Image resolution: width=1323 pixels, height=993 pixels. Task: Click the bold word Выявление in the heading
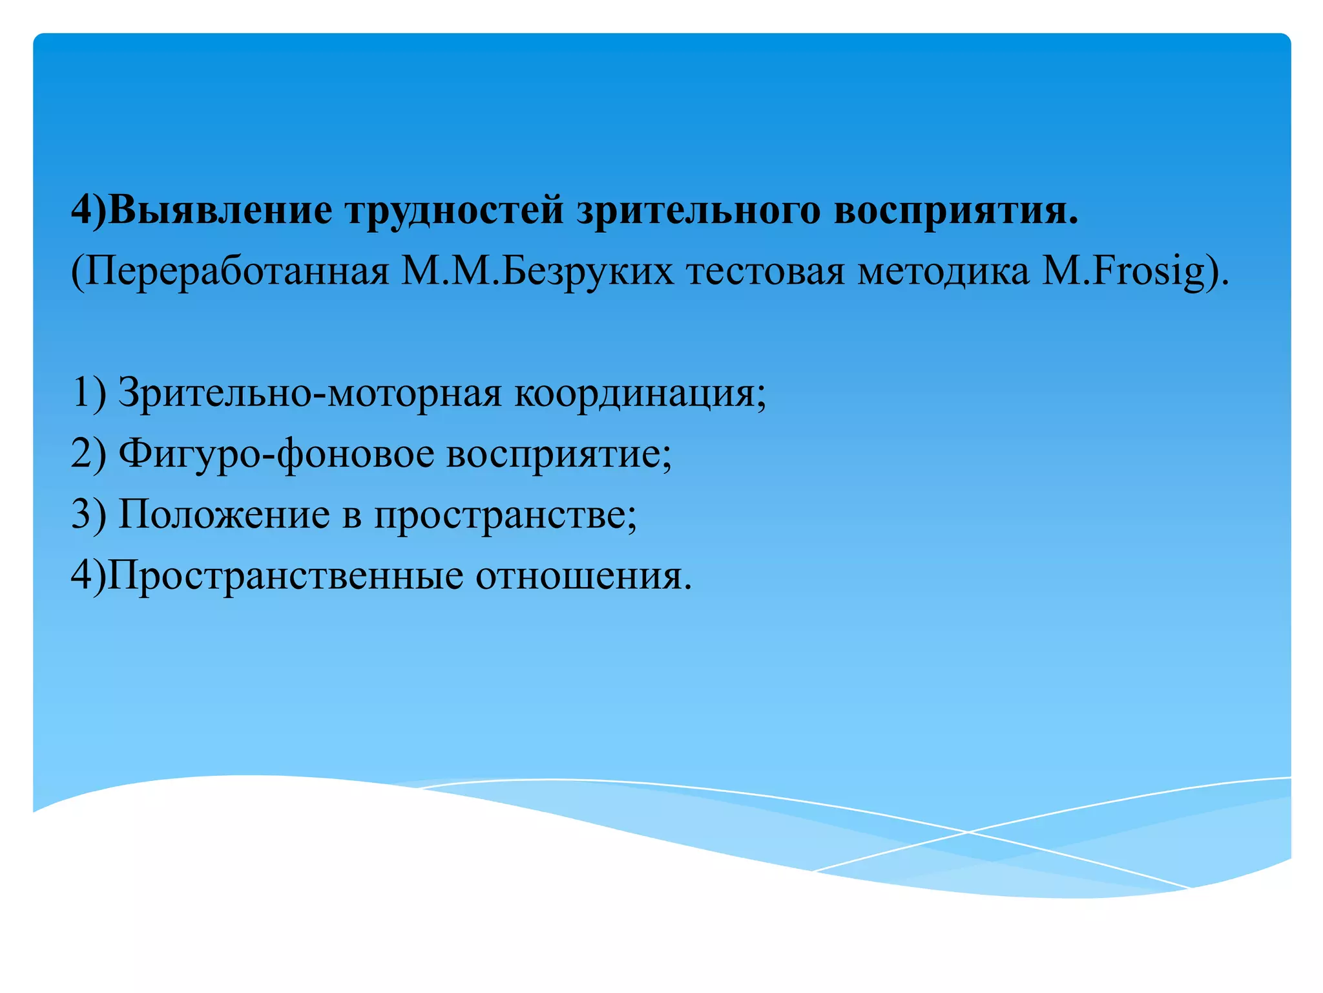220,210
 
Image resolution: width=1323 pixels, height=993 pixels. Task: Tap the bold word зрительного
698,210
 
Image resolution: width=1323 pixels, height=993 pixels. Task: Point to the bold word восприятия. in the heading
956,210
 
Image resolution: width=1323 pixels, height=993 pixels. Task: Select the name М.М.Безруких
537,272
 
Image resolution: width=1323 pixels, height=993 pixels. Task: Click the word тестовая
766,272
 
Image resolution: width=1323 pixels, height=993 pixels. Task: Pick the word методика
943,272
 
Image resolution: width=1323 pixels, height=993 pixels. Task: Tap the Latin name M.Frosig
1124,272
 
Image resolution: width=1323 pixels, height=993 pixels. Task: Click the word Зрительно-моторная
309,393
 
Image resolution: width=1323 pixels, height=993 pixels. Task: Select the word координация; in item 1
640,393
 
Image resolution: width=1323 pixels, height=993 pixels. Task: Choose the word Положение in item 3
224,515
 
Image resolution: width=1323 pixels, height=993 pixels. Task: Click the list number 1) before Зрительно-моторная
89,393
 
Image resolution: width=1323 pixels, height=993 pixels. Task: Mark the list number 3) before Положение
89,515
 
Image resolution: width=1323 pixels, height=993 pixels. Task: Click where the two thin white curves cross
967,832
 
